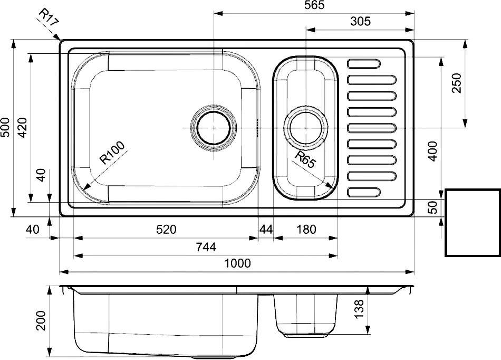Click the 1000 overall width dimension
tap(237, 263)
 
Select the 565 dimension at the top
tap(314, 5)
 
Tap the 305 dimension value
tap(360, 22)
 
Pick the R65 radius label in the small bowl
tap(305, 159)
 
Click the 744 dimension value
tap(206, 247)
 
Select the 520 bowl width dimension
tap(166, 229)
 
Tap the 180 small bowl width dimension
tap(306, 229)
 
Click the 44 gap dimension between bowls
tap(266, 229)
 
